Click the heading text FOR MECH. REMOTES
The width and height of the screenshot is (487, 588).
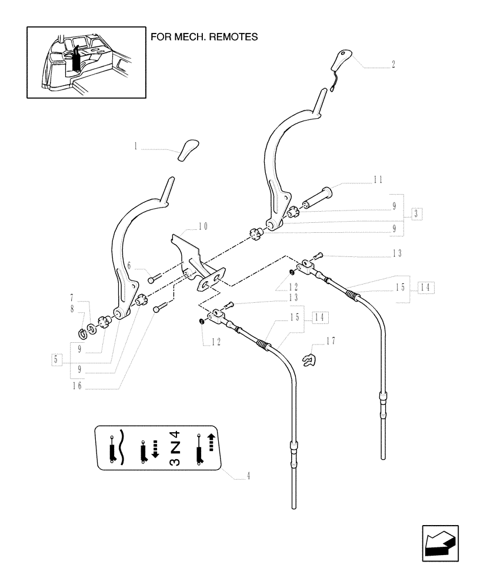tap(204, 36)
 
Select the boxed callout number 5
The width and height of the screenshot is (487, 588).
tap(55, 359)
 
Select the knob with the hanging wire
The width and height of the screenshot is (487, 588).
tap(342, 63)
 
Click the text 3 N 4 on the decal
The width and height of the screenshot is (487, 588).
tap(175, 448)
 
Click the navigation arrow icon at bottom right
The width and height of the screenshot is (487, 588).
tap(440, 543)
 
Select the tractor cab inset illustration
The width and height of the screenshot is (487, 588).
tap(86, 62)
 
